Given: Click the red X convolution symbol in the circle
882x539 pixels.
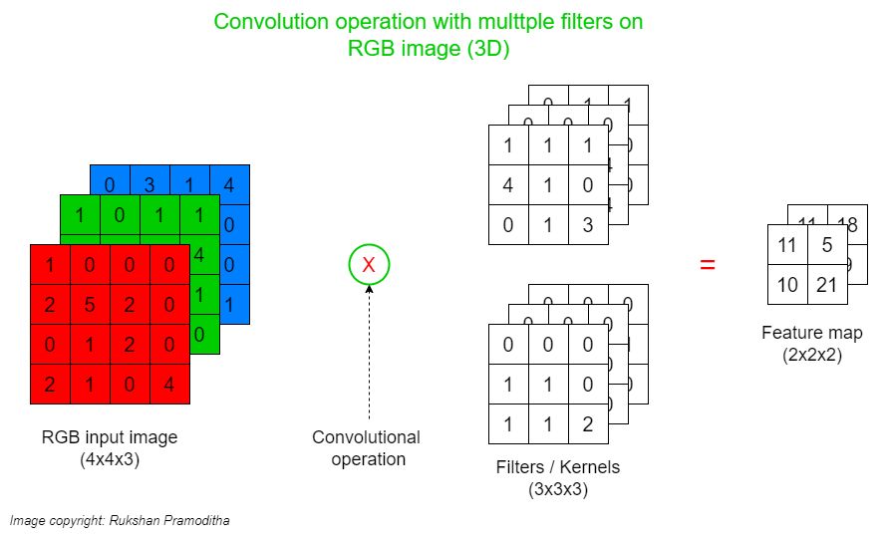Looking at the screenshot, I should pyautogui.click(x=369, y=265).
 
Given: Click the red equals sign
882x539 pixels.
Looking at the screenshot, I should pyautogui.click(x=707, y=265).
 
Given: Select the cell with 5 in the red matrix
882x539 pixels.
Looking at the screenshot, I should pyautogui.click(x=91, y=304).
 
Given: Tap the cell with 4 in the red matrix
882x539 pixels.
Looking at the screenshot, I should pyautogui.click(x=169, y=384).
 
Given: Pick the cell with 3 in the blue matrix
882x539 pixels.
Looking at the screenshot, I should pyautogui.click(x=149, y=184).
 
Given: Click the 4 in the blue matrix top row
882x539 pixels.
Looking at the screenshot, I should pyautogui.click(x=229, y=184).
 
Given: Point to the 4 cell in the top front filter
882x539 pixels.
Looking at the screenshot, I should pyautogui.click(x=508, y=185).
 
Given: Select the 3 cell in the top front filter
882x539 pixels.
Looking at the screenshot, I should pyautogui.click(x=588, y=225).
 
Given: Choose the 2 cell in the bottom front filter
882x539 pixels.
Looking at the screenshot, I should pyautogui.click(x=588, y=424).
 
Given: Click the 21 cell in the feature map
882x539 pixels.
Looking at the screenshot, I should pyautogui.click(x=827, y=285).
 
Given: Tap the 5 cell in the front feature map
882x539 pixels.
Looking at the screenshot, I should pyautogui.click(x=827, y=245).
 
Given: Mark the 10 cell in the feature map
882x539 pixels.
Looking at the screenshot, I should pyautogui.click(x=787, y=285).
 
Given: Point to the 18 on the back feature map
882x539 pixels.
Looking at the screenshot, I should pyautogui.click(x=847, y=224).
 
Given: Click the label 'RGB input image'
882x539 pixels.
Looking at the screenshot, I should pyautogui.click(x=110, y=437).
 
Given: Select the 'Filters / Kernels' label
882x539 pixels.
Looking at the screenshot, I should pyautogui.click(x=558, y=467).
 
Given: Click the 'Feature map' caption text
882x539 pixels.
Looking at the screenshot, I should pyautogui.click(x=812, y=333).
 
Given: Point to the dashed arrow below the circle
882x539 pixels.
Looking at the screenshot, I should pyautogui.click(x=369, y=349).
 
